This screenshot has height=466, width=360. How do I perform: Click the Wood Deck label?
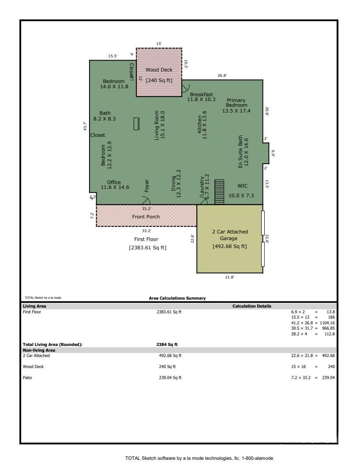tap(159, 70)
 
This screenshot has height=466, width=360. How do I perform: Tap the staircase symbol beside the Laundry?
tap(219, 192)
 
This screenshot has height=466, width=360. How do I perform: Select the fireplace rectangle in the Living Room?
tap(136, 124)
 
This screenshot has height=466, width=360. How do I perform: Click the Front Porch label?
tap(146, 217)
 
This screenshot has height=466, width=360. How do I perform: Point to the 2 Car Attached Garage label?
tap(229, 235)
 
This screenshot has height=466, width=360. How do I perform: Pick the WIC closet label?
tap(242, 186)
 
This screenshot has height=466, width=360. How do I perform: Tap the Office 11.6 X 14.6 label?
tap(115, 185)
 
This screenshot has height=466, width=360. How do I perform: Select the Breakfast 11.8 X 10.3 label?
tap(201, 97)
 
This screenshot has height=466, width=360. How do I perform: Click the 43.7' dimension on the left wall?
tap(85, 126)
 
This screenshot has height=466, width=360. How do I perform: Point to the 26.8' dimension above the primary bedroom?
tap(222, 75)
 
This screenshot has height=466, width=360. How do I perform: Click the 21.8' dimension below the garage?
tap(229, 277)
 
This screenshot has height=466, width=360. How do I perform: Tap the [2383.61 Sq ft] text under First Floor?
tap(148, 248)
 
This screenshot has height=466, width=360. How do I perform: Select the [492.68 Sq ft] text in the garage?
tap(229, 246)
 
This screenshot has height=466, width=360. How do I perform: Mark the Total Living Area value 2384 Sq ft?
tap(167, 344)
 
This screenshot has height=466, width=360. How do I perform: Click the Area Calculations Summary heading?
tap(177, 298)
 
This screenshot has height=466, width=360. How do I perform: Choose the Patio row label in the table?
tap(27, 377)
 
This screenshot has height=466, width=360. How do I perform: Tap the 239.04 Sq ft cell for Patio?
tap(170, 377)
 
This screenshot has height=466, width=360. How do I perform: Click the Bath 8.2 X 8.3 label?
tap(105, 116)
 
